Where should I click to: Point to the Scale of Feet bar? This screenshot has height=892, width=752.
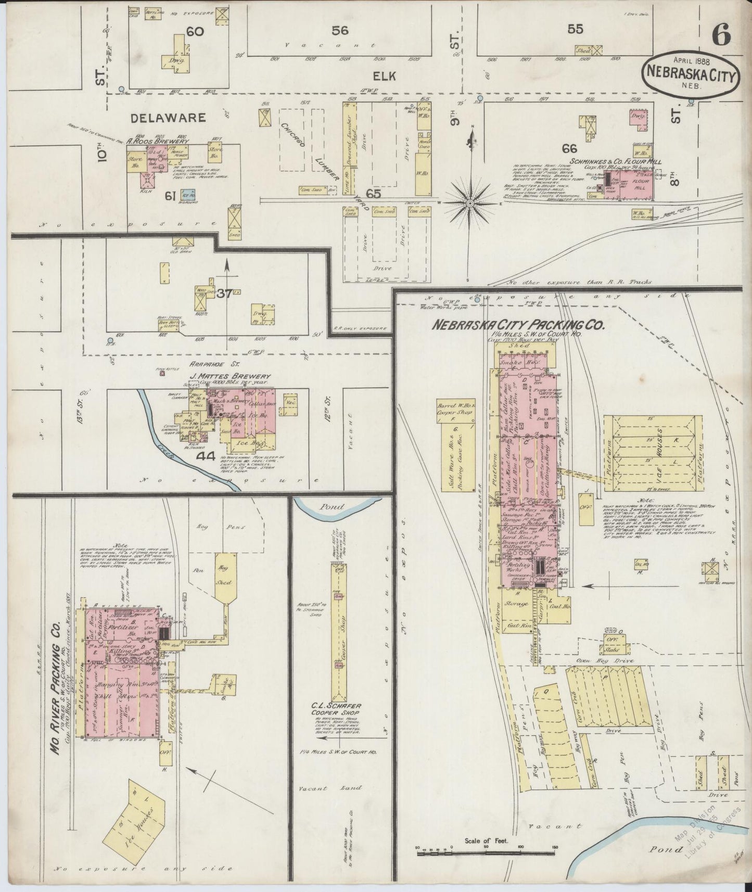pyautogui.click(x=487, y=851)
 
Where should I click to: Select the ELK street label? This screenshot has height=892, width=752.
pyautogui.click(x=388, y=76)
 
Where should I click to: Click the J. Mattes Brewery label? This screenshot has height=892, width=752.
pyautogui.click(x=231, y=376)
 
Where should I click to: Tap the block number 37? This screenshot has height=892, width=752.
pyautogui.click(x=224, y=292)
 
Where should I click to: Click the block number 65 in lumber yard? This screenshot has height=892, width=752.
pyautogui.click(x=374, y=194)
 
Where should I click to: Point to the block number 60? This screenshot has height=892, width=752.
pyautogui.click(x=195, y=32)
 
